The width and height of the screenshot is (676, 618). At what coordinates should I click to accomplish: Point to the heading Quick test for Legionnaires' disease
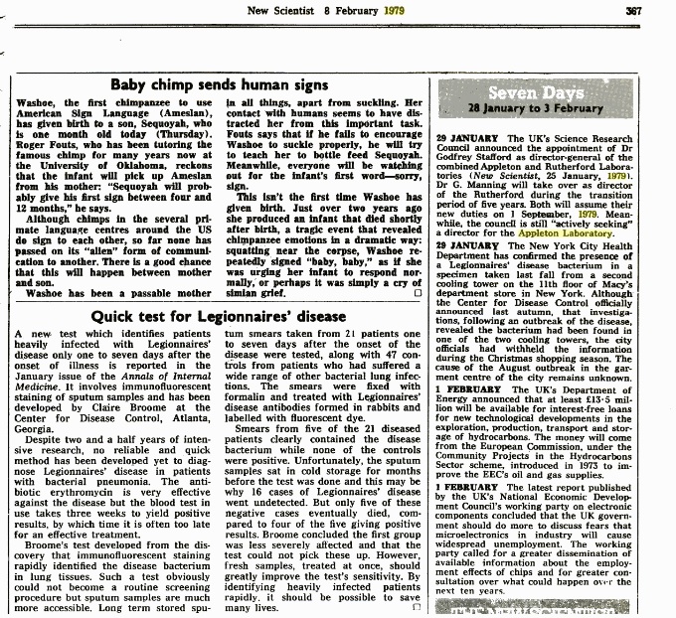tap(219, 316)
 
